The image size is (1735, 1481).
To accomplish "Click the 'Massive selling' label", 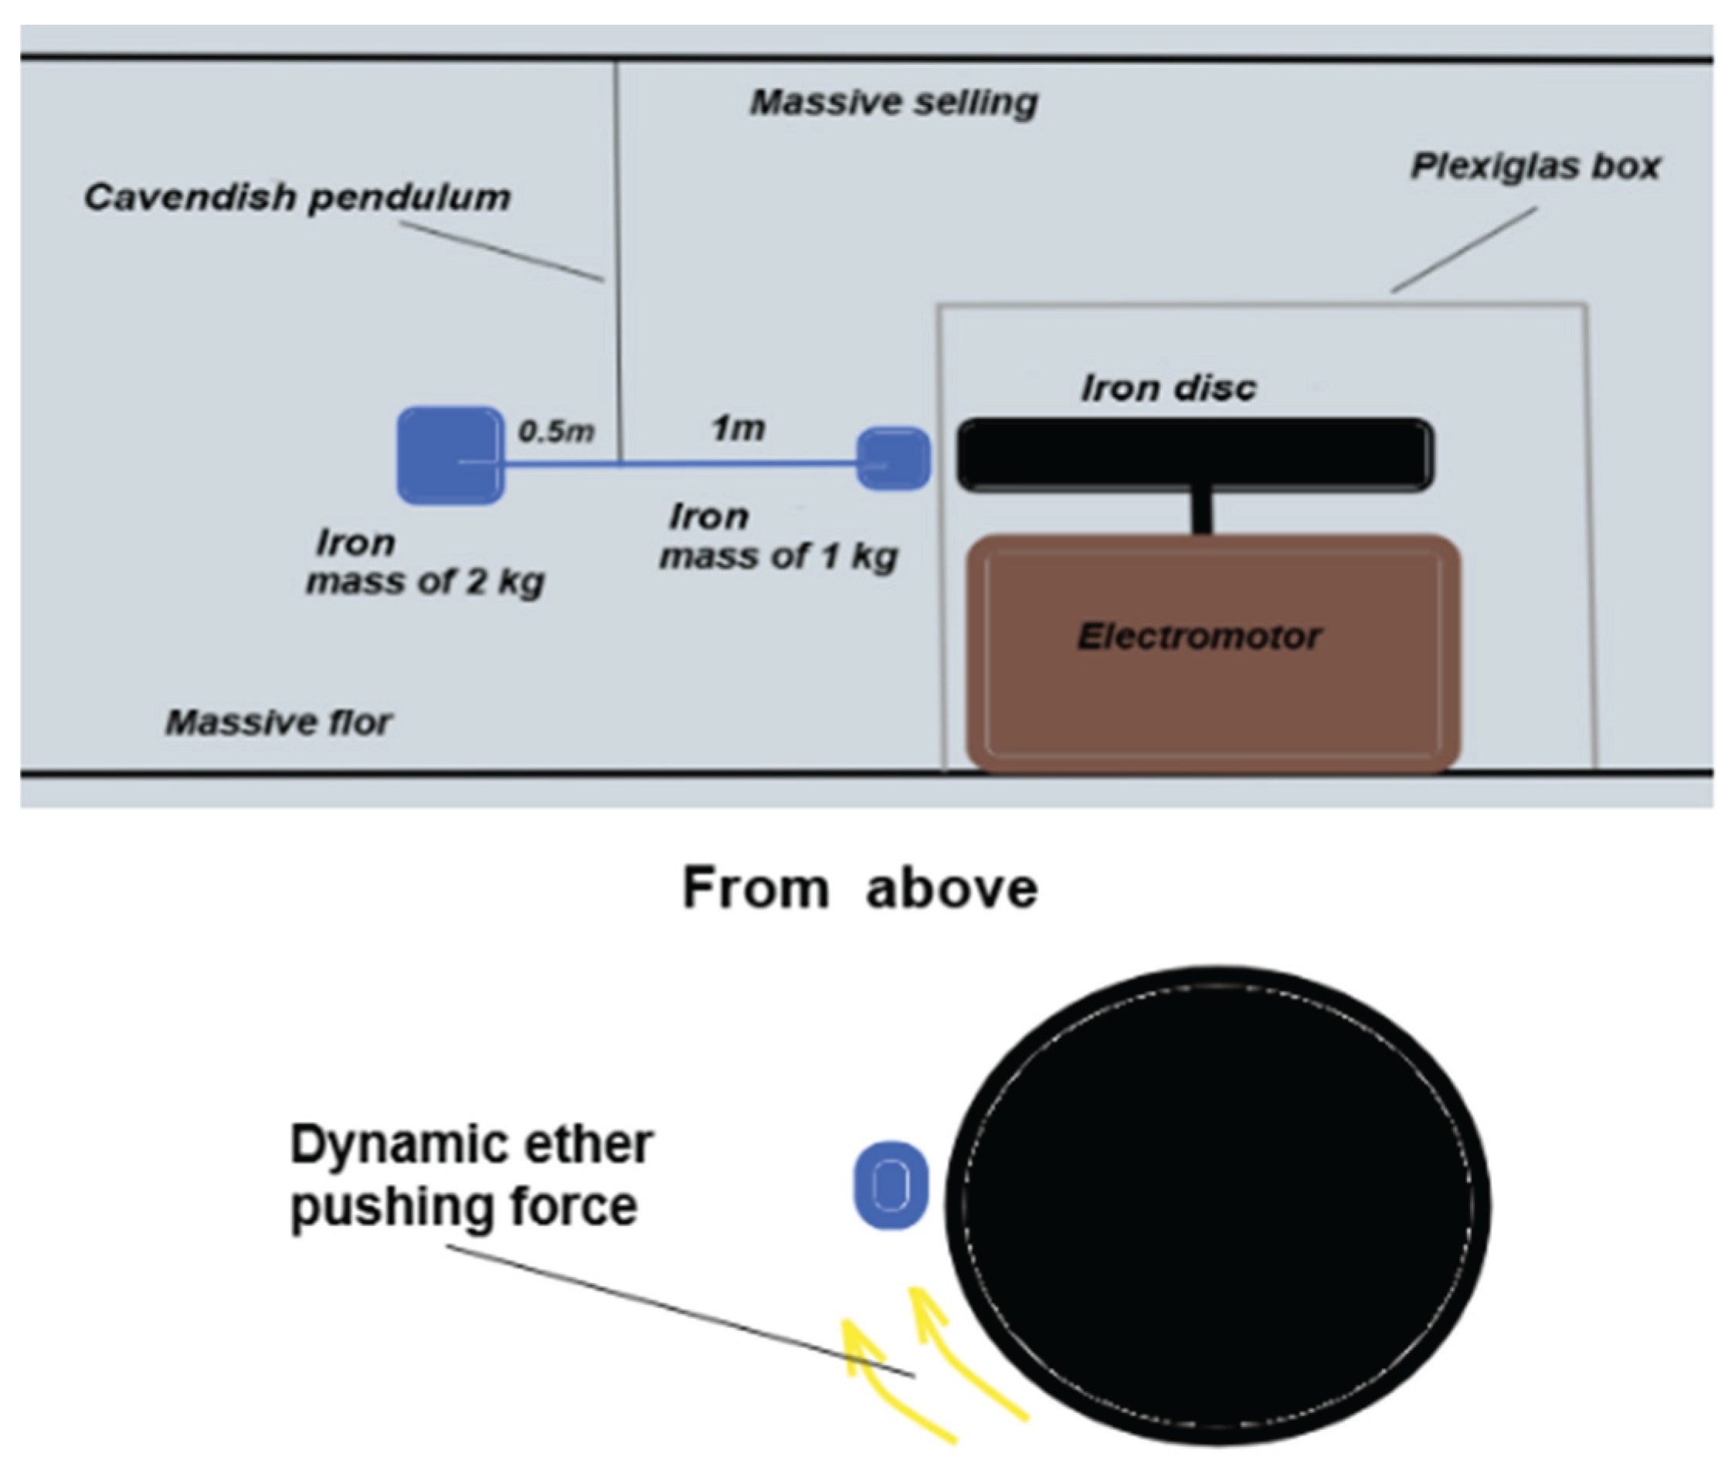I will pyautogui.click(x=894, y=102).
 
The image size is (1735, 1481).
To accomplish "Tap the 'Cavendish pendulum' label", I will pyautogui.click(x=297, y=198).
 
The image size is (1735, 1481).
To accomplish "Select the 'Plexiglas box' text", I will pyautogui.click(x=1535, y=166).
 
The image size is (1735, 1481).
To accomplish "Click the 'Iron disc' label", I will pyautogui.click(x=1168, y=388).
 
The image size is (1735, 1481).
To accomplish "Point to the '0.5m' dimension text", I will pyautogui.click(x=556, y=431).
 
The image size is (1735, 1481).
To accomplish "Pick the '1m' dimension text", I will pyautogui.click(x=738, y=429).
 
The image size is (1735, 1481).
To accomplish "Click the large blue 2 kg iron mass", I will pyautogui.click(x=450, y=456).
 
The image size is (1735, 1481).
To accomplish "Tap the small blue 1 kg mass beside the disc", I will pyautogui.click(x=893, y=458).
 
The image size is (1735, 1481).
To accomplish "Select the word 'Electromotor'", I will pyautogui.click(x=1198, y=637).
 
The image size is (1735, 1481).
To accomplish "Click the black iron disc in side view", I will pyautogui.click(x=1195, y=454).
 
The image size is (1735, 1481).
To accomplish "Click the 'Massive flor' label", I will pyautogui.click(x=278, y=722).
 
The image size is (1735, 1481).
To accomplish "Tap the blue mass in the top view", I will pyautogui.click(x=890, y=1184).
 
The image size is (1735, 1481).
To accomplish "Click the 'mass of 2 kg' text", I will pyautogui.click(x=426, y=581).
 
